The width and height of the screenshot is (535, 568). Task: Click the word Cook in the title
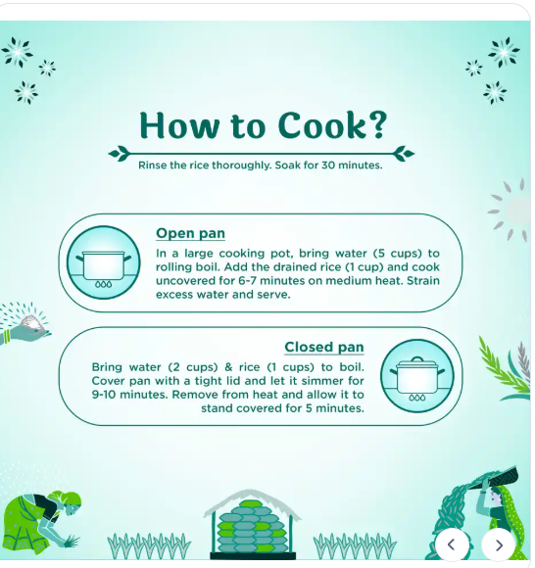tap(323, 125)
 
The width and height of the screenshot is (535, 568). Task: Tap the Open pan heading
tap(190, 233)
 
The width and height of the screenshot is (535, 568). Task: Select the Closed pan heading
tap(324, 347)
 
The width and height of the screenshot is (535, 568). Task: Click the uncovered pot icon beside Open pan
tap(103, 262)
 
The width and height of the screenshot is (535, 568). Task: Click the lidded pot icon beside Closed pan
tap(417, 376)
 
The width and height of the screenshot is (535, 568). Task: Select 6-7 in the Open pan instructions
tap(248, 281)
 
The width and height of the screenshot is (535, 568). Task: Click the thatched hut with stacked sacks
tap(253, 524)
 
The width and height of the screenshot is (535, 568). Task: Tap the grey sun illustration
tap(511, 210)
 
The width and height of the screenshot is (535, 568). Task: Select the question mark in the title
tap(378, 125)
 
